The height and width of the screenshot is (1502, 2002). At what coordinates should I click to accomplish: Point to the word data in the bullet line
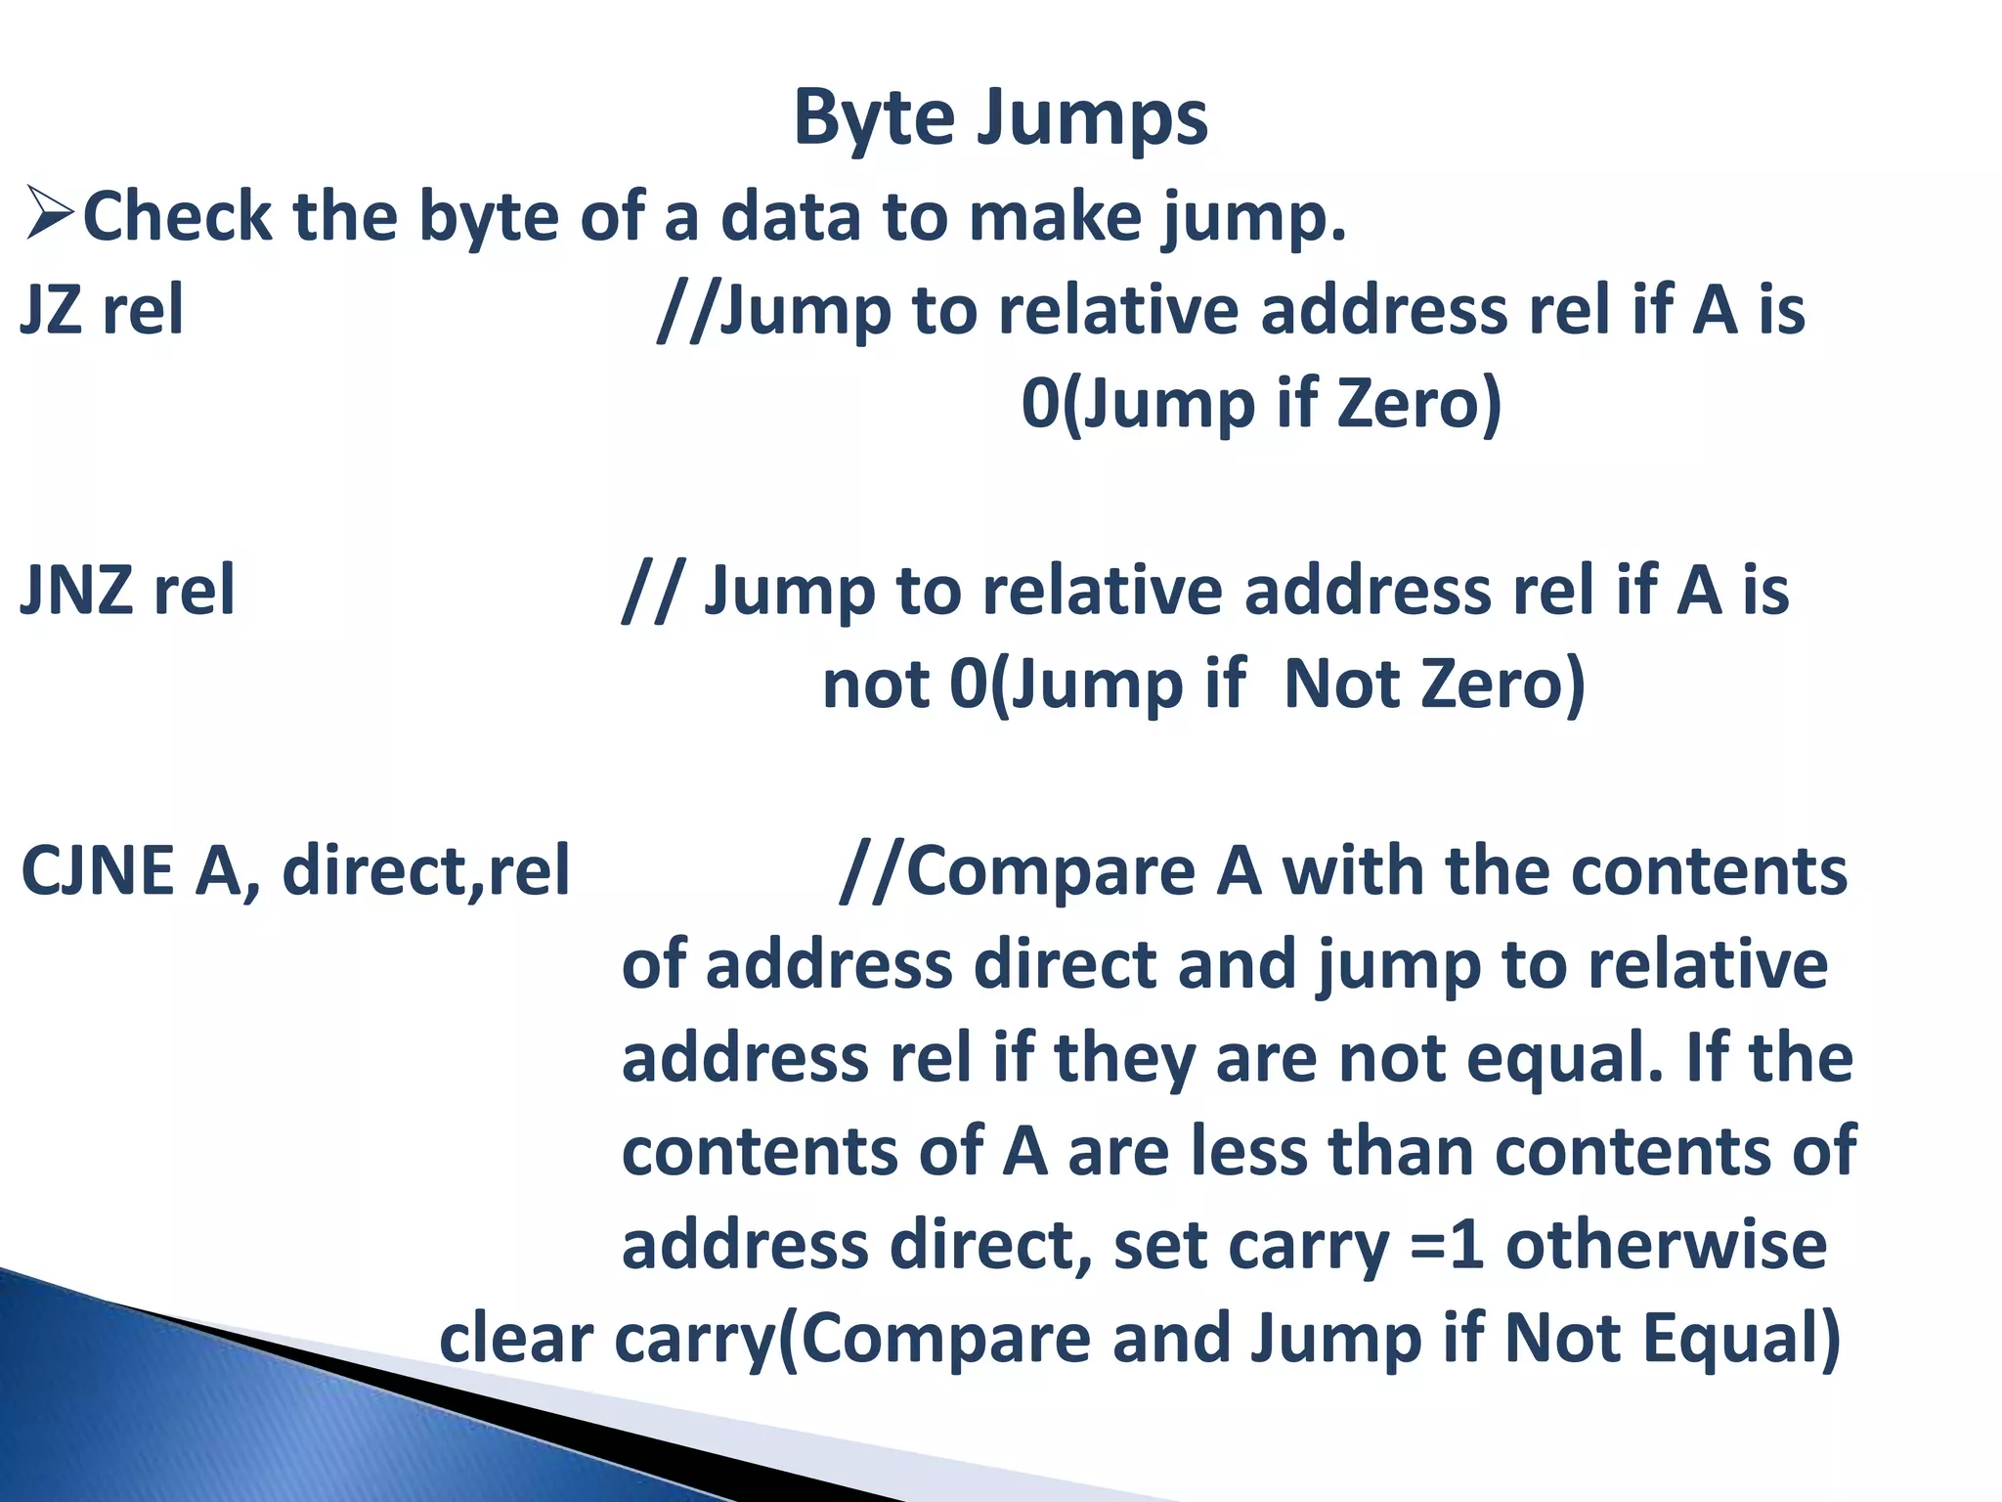(791, 216)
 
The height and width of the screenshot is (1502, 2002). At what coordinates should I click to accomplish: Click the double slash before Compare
(870, 870)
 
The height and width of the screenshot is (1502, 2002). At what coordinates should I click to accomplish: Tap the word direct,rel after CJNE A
(426, 870)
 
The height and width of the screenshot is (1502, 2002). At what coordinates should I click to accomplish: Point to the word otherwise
(1666, 1245)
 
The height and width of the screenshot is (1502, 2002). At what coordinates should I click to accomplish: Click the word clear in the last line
(516, 1338)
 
